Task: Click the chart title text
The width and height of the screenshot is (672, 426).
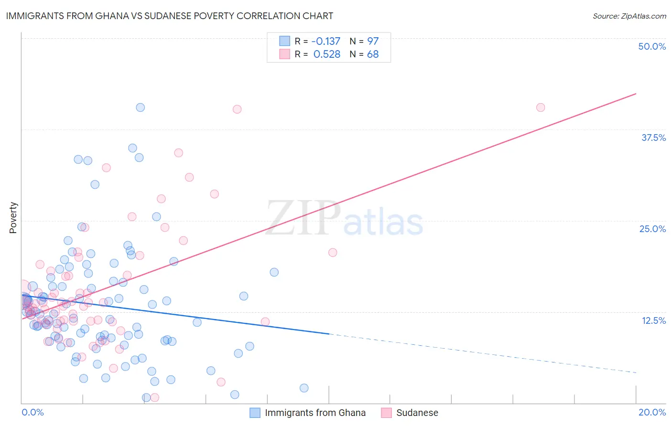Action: click(170, 16)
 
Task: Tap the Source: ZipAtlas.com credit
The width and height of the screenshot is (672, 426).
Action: click(629, 16)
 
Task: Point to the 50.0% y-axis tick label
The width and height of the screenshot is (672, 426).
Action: click(651, 46)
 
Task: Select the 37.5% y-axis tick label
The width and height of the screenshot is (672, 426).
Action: click(653, 138)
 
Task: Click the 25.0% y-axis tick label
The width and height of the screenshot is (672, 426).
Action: click(652, 229)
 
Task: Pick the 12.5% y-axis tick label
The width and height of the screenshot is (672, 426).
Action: click(653, 320)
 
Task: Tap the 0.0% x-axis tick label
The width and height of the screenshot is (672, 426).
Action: click(33, 412)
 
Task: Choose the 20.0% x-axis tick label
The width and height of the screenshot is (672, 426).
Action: click(652, 412)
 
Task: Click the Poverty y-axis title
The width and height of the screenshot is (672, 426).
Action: click(13, 218)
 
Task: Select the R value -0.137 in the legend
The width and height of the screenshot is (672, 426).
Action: click(326, 42)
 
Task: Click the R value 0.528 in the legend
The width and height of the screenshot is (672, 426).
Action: click(327, 54)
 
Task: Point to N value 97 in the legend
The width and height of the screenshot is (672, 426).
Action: click(373, 42)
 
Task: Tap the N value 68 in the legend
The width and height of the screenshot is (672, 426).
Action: click(373, 54)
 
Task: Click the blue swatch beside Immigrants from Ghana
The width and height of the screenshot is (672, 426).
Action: click(255, 413)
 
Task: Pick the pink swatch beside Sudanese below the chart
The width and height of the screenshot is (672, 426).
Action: click(386, 413)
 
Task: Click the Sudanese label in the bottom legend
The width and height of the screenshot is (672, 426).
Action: click(417, 413)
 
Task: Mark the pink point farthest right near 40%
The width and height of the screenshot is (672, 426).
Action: click(541, 107)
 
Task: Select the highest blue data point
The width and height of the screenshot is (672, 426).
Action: click(141, 107)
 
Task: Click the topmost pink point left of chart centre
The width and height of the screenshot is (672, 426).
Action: click(237, 109)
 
